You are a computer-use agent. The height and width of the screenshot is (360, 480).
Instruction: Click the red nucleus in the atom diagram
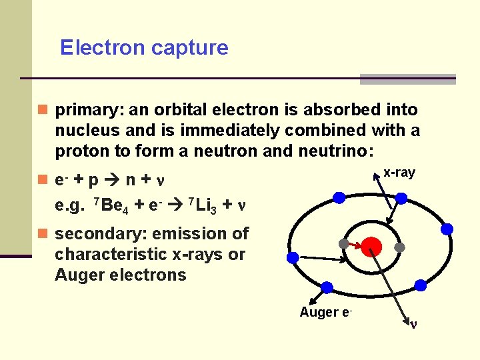tap(371, 247)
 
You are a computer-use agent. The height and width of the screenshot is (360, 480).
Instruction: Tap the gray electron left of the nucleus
tap(343, 244)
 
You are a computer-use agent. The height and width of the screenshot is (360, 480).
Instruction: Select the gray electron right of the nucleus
tap(400, 247)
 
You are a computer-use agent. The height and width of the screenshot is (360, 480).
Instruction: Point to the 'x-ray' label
tap(399, 173)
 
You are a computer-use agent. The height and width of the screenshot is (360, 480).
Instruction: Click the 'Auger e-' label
tap(326, 312)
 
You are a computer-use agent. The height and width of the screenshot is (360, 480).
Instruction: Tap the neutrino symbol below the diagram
tap(413, 325)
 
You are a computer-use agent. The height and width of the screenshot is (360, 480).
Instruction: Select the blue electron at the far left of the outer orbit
tap(292, 257)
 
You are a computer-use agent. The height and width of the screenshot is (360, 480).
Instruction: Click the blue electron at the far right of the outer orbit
tap(447, 229)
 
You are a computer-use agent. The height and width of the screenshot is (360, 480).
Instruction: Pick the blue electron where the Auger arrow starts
tap(327, 287)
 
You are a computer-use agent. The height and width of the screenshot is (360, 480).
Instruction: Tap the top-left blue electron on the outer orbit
tap(339, 197)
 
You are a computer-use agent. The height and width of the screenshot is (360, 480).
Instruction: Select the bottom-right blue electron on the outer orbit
tap(421, 285)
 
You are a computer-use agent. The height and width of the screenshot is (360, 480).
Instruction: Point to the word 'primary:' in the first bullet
tap(85, 109)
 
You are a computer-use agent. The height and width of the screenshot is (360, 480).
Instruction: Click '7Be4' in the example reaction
tap(109, 205)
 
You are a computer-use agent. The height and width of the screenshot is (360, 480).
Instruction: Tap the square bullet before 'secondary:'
tap(43, 234)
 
